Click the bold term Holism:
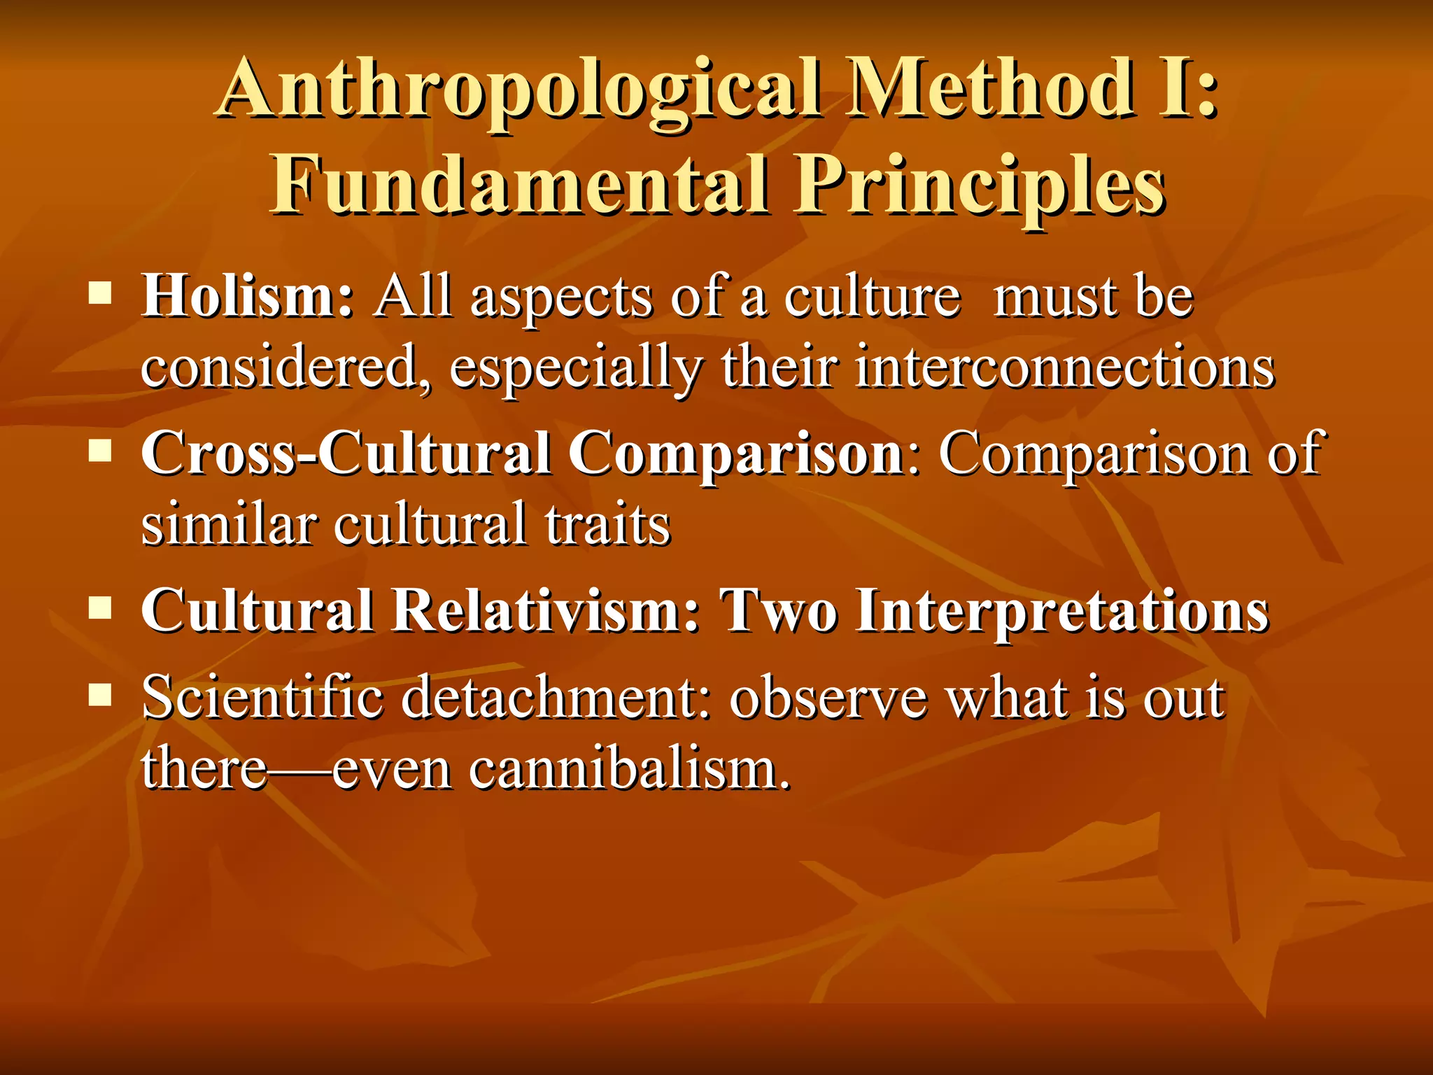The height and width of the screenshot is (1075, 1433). pos(248,297)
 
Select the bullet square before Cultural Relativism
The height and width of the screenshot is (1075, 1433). pos(101,607)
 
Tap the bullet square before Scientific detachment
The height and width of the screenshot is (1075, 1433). pos(101,695)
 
